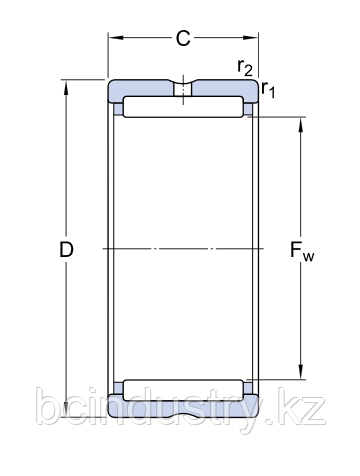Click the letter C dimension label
coord(183,40)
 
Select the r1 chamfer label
coord(268,91)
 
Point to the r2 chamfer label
coord(243,67)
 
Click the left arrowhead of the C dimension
coord(113,40)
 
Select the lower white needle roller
coord(183,388)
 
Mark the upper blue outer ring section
coord(140,87)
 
